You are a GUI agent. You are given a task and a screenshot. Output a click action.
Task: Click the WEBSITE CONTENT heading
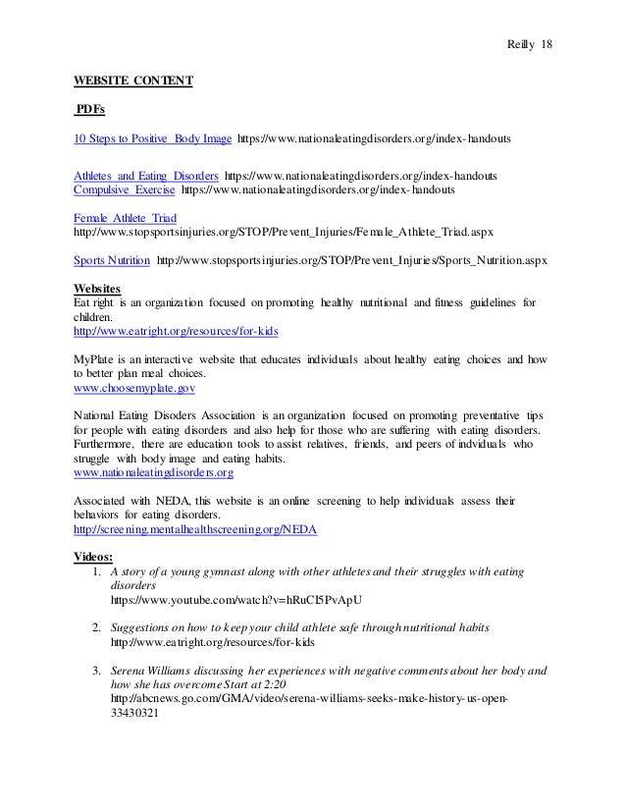[x=133, y=80]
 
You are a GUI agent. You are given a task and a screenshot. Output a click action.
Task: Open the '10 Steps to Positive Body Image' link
[x=153, y=139]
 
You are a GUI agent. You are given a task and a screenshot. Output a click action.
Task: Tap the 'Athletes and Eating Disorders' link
[x=146, y=175]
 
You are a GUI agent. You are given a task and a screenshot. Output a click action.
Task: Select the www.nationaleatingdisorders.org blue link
[x=153, y=472]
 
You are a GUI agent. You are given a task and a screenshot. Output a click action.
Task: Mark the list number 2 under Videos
[x=94, y=626]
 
